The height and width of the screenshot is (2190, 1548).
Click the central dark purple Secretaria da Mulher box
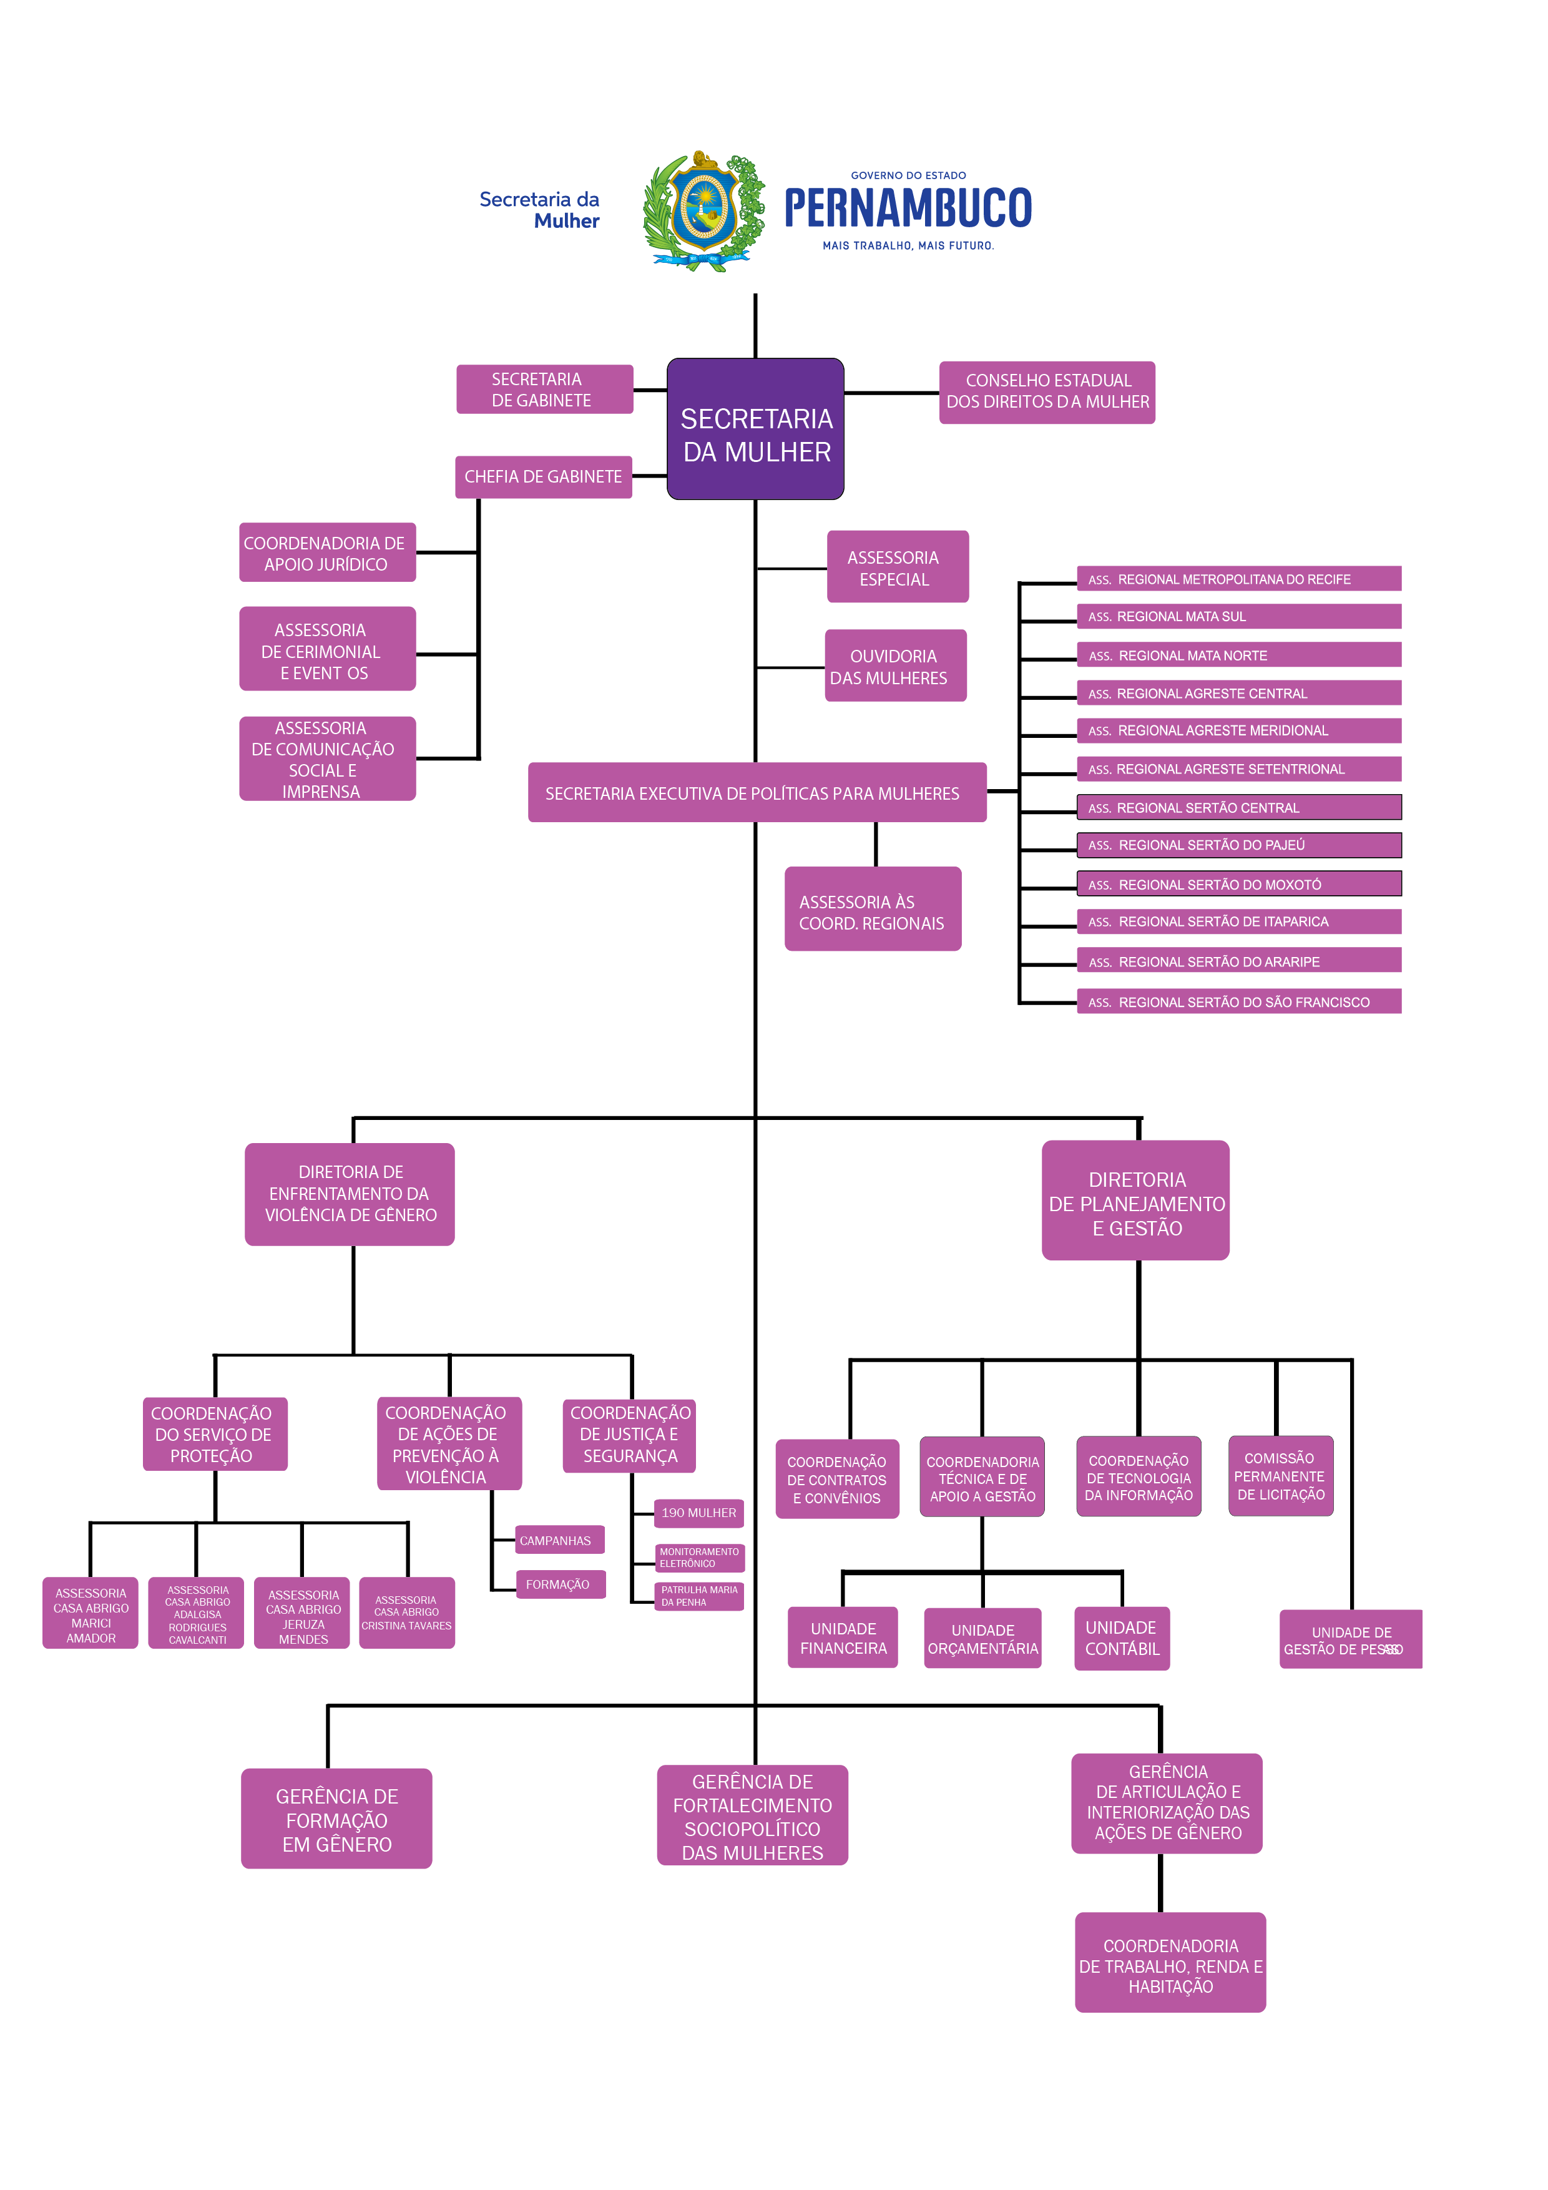[x=755, y=430]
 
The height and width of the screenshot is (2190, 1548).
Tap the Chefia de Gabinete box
[x=542, y=476]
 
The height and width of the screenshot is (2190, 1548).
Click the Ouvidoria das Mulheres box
[x=894, y=665]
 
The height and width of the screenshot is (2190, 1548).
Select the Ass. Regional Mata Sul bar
[x=1238, y=616]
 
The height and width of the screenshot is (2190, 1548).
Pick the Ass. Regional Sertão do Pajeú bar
[x=1238, y=845]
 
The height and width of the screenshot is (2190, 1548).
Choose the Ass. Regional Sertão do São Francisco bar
[x=1238, y=1001]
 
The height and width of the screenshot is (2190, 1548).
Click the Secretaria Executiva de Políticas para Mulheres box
[x=757, y=793]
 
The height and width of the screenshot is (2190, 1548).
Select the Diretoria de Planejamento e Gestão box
[x=1135, y=1200]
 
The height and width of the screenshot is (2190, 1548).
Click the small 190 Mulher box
[x=698, y=1513]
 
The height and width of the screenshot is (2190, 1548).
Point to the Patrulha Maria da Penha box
[x=698, y=1596]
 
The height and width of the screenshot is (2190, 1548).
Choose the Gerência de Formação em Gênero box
[x=336, y=1819]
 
